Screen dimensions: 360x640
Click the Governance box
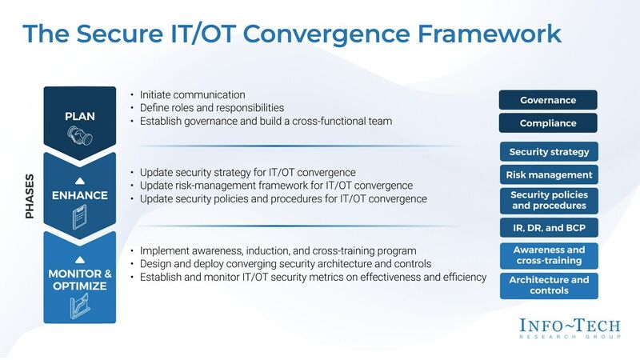click(548, 101)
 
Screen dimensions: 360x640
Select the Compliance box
click(548, 124)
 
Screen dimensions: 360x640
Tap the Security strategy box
click(548, 152)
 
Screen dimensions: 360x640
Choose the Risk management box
click(548, 175)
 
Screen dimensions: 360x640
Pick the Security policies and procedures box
click(548, 201)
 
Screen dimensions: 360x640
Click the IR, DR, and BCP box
click(548, 229)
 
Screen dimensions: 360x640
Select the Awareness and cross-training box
click(548, 255)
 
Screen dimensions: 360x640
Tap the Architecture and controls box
click(548, 286)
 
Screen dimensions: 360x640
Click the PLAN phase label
click(80, 117)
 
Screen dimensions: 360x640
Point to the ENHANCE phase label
click(80, 194)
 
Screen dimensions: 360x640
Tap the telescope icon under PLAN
click(80, 140)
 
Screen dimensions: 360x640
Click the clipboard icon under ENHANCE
click(80, 216)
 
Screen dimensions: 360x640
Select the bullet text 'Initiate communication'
click(192, 94)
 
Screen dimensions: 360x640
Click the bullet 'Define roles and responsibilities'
click(212, 108)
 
